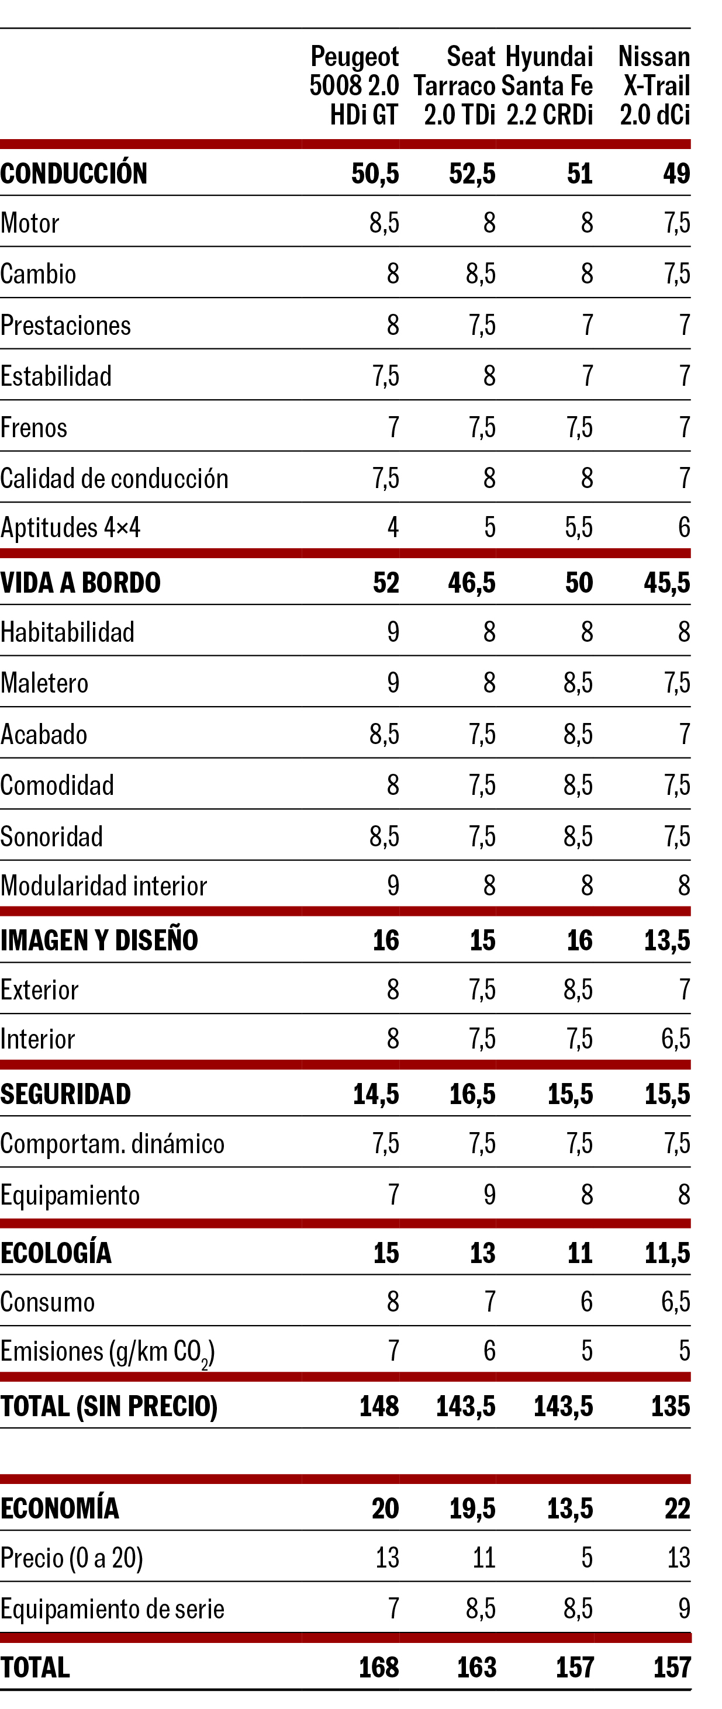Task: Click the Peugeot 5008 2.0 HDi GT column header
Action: (354, 85)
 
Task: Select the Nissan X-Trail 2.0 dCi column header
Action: (654, 85)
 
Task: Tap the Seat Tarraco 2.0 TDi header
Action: (455, 85)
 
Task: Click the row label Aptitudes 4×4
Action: (70, 527)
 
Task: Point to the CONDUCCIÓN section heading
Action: (74, 174)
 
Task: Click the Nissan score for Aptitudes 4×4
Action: (683, 527)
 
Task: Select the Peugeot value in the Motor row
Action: (384, 223)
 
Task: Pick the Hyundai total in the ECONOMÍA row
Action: (569, 1508)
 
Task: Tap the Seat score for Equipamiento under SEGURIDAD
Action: (489, 1195)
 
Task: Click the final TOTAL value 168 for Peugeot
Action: (379, 1667)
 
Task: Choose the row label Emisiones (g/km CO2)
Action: (108, 1351)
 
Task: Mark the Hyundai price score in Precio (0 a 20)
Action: (586, 1558)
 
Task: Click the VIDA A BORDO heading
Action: (80, 583)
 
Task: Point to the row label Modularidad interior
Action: (103, 885)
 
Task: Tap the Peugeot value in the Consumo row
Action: (393, 1302)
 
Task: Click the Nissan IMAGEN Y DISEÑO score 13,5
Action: (667, 940)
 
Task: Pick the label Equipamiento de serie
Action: (112, 1609)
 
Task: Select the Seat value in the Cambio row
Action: (481, 274)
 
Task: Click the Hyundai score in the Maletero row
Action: (578, 683)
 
